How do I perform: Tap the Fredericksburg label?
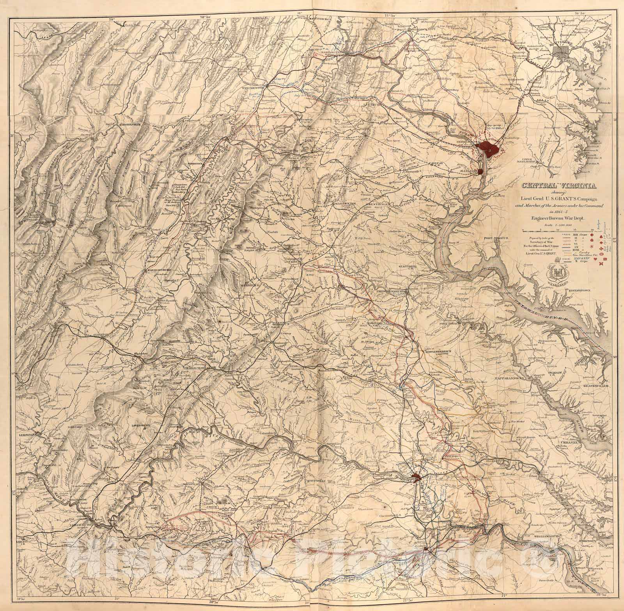point(391,291)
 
